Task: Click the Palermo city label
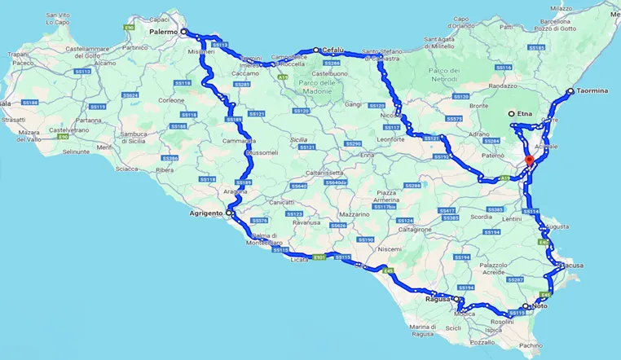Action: pyautogui.click(x=163, y=32)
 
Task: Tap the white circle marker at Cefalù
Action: pyautogui.click(x=316, y=50)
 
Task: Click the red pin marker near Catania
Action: pyautogui.click(x=529, y=160)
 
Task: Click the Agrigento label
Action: pyautogui.click(x=205, y=213)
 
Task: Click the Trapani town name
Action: pyautogui.click(x=18, y=54)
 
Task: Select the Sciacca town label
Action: pyautogui.click(x=127, y=169)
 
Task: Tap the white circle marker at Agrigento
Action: pyautogui.click(x=229, y=213)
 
